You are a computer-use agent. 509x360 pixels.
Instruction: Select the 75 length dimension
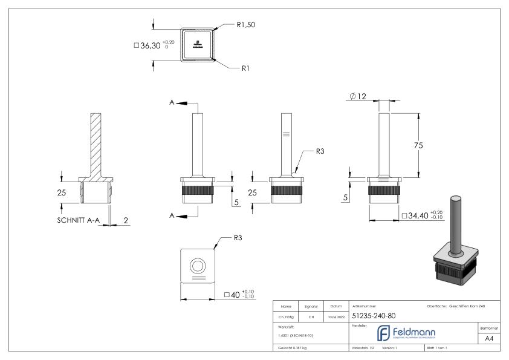click(427, 145)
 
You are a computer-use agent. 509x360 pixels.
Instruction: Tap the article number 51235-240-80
click(374, 315)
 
